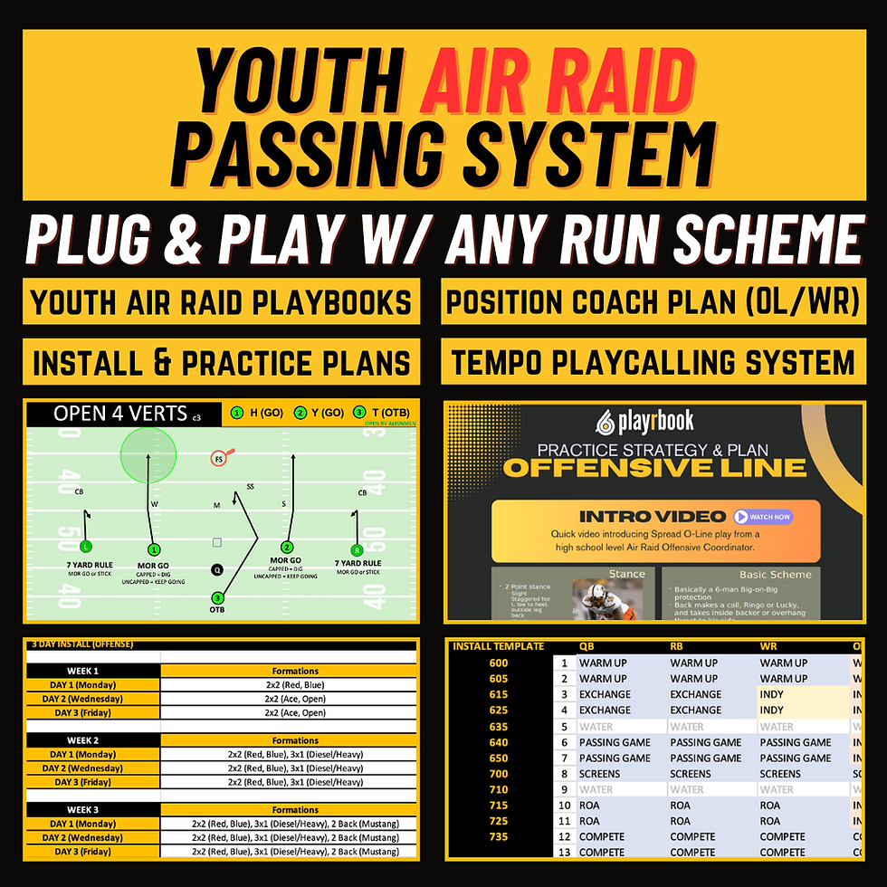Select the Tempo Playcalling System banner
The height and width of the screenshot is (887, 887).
pos(653,363)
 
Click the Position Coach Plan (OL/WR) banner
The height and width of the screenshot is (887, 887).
pos(653,302)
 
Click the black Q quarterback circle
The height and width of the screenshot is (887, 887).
pos(216,569)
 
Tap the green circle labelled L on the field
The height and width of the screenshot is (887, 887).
pos(85,546)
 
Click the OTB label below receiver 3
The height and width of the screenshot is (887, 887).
pos(216,610)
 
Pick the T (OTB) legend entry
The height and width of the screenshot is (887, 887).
pos(380,413)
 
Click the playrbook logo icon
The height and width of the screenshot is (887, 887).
pos(606,422)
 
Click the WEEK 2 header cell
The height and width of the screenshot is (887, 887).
pos(92,740)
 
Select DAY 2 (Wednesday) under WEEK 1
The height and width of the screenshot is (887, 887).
pos(92,699)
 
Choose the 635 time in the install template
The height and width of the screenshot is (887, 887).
pos(499,726)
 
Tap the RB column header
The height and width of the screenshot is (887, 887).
pos(677,646)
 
